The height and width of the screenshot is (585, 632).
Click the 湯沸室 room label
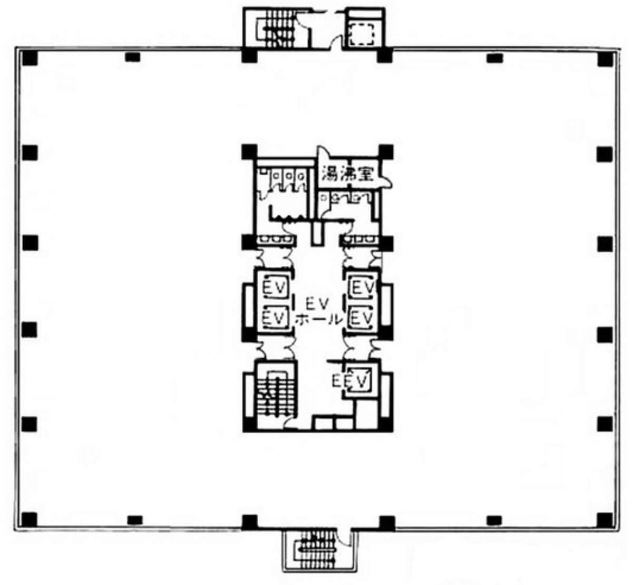point(347,174)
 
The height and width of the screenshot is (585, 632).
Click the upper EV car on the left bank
point(274,288)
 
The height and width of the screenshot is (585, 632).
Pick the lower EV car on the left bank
point(274,318)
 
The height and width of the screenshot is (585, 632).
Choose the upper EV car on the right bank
point(362,288)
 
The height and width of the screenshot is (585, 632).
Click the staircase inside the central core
point(274,393)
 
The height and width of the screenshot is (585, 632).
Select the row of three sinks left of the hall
point(276,240)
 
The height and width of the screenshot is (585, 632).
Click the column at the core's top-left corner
point(249,152)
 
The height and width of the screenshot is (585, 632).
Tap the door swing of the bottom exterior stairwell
point(343,541)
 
